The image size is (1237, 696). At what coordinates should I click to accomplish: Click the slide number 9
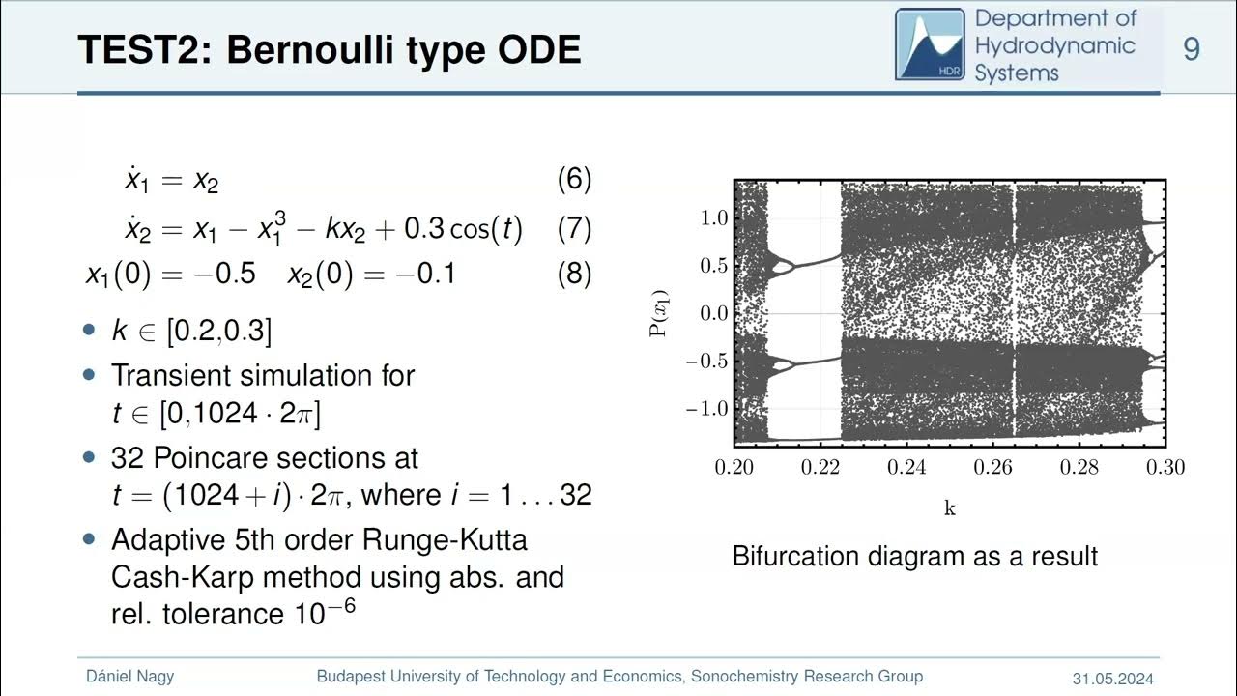(1192, 47)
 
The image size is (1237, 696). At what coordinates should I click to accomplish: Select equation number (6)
(574, 179)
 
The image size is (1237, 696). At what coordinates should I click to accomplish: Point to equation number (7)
(574, 229)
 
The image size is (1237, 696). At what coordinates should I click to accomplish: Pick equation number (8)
(574, 275)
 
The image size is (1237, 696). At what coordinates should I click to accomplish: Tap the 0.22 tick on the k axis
(820, 468)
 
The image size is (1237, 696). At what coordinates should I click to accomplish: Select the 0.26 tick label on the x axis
(993, 468)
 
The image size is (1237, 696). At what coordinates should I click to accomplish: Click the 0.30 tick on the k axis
(1165, 468)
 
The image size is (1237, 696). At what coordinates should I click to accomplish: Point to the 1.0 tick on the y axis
(709, 218)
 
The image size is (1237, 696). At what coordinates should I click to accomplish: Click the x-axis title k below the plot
(949, 508)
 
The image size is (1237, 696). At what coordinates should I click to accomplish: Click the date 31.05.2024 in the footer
(1112, 678)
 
